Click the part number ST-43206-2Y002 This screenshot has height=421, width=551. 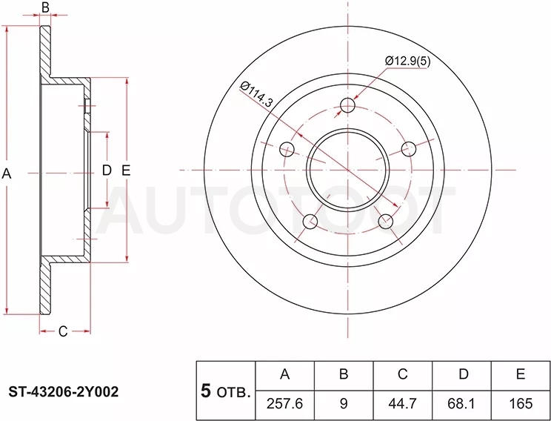tap(64, 391)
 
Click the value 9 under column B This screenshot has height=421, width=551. tap(344, 404)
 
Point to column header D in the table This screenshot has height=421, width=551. tap(464, 374)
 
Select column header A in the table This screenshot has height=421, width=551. tap(285, 374)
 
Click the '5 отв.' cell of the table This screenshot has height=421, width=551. tap(226, 391)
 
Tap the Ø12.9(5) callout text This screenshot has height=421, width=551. tap(407, 62)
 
